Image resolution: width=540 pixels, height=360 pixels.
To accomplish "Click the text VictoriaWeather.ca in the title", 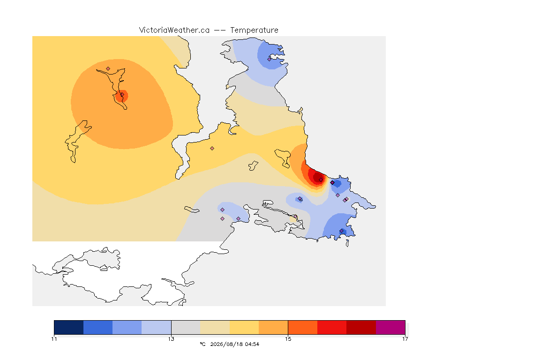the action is point(174,30).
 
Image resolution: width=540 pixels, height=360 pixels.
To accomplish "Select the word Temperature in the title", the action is point(254,30).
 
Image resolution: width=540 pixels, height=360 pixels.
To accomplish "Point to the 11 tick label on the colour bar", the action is point(54,339).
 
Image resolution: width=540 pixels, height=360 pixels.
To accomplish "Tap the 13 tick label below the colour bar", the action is point(171,339).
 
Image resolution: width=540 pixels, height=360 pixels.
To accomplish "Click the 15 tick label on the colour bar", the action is point(288,339).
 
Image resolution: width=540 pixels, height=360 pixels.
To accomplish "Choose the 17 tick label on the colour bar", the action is point(405,339).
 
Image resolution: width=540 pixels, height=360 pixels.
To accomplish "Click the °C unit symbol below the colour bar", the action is point(202,344).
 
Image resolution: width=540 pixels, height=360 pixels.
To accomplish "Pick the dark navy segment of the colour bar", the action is point(69,327).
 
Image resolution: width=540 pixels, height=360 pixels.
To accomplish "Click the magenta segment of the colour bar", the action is point(390,327).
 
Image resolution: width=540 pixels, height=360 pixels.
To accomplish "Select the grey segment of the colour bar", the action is point(186,327).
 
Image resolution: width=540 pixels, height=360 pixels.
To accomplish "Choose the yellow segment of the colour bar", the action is point(244,327).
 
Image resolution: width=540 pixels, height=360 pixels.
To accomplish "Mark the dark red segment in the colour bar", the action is point(361,327).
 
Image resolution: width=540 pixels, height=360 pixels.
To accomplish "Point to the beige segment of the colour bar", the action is point(215,327).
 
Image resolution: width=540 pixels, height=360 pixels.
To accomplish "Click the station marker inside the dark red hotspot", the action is point(321,180).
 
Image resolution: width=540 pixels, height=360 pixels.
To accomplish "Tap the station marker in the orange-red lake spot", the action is point(122,95).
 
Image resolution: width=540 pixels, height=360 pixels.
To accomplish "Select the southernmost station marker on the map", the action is point(341,231).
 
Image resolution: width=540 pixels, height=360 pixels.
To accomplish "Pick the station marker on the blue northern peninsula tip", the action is point(270,59).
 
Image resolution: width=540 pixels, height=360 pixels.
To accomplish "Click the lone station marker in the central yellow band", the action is point(212,149).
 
